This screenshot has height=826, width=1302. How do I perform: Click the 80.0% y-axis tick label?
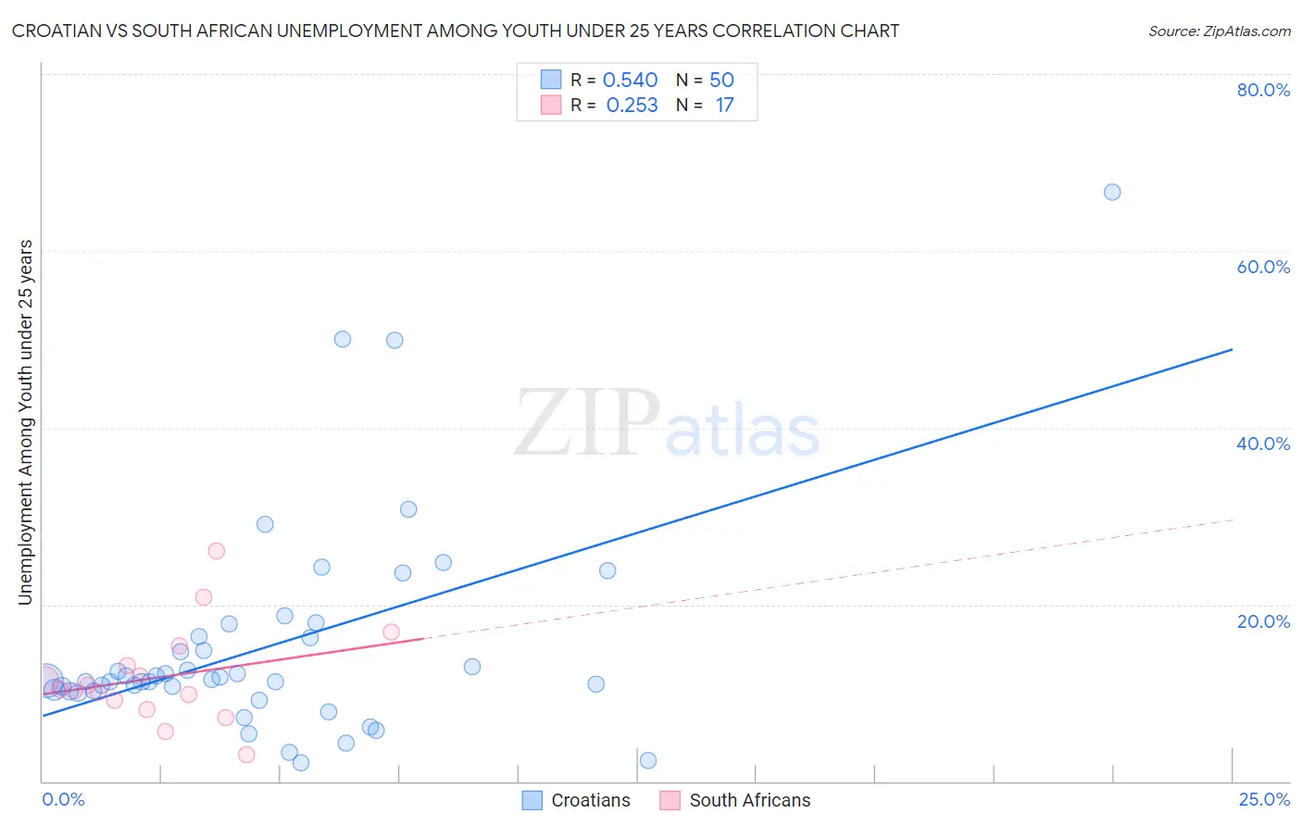(x=1263, y=90)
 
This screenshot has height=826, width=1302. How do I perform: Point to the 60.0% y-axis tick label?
(x=1263, y=267)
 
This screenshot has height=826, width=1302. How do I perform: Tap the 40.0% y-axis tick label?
(x=1263, y=444)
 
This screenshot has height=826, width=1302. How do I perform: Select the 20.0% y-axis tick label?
(x=1263, y=621)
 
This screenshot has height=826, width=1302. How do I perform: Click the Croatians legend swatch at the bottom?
(x=532, y=800)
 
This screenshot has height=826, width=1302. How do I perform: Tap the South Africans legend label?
(x=749, y=800)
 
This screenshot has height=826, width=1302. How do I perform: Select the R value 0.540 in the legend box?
(x=630, y=80)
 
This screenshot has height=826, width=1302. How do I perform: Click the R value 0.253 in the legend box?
(x=632, y=105)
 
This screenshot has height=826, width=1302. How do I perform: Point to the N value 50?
(x=721, y=80)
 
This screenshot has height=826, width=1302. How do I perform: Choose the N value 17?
(x=724, y=105)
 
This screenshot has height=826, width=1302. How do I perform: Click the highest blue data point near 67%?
(x=1112, y=192)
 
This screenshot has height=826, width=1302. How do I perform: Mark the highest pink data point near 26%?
(x=216, y=551)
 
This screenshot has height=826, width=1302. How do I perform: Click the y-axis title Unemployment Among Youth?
(x=25, y=422)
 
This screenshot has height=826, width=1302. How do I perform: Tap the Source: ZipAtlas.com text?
(x=1219, y=31)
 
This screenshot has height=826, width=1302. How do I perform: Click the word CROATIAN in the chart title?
(x=64, y=31)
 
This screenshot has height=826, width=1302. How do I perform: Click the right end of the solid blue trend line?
(x=1232, y=349)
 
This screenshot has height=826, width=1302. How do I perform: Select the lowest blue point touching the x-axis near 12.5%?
(x=648, y=760)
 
